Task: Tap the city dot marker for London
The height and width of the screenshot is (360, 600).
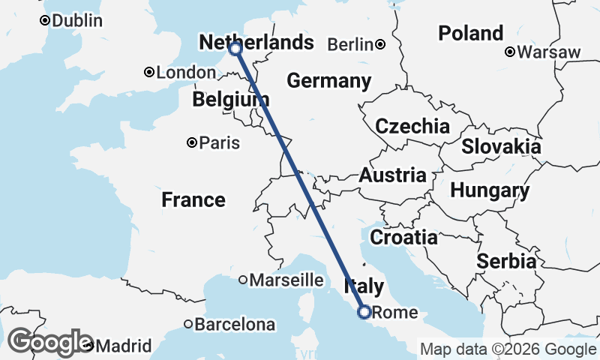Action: point(149,73)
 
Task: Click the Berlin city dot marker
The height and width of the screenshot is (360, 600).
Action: point(381,44)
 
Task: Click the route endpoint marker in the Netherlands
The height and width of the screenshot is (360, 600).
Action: point(235,49)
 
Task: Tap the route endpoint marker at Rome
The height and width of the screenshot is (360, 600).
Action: point(364,311)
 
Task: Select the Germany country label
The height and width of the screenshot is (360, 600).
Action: point(328,81)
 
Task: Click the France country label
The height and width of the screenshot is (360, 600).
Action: point(193,199)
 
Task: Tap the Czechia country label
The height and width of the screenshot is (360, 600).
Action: point(412,126)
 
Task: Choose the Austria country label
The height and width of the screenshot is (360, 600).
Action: point(392,175)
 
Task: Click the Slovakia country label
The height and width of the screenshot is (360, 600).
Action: point(501,146)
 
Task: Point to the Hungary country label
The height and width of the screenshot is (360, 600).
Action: point(490,190)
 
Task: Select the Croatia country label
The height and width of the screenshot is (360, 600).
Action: point(404,238)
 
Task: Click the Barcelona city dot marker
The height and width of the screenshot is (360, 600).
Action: point(187,325)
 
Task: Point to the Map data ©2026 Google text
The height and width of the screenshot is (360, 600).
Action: point(508,349)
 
